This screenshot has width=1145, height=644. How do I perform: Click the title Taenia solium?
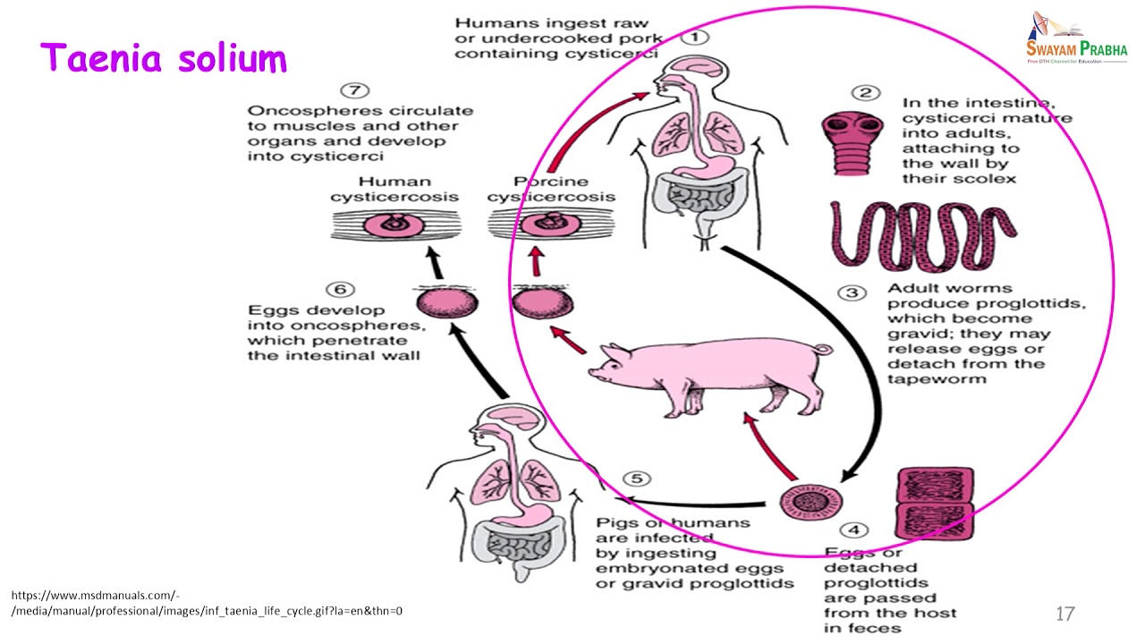164,58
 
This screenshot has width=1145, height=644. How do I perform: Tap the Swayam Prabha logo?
1076,38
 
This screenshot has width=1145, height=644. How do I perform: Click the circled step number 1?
695,38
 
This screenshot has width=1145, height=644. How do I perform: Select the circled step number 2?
865,92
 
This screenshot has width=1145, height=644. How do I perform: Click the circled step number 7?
355,90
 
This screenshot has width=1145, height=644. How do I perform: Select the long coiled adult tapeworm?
922,234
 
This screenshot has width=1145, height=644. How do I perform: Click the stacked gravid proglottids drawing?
934,504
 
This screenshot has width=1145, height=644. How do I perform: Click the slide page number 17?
1064,614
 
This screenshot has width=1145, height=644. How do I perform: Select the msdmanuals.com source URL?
207,603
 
